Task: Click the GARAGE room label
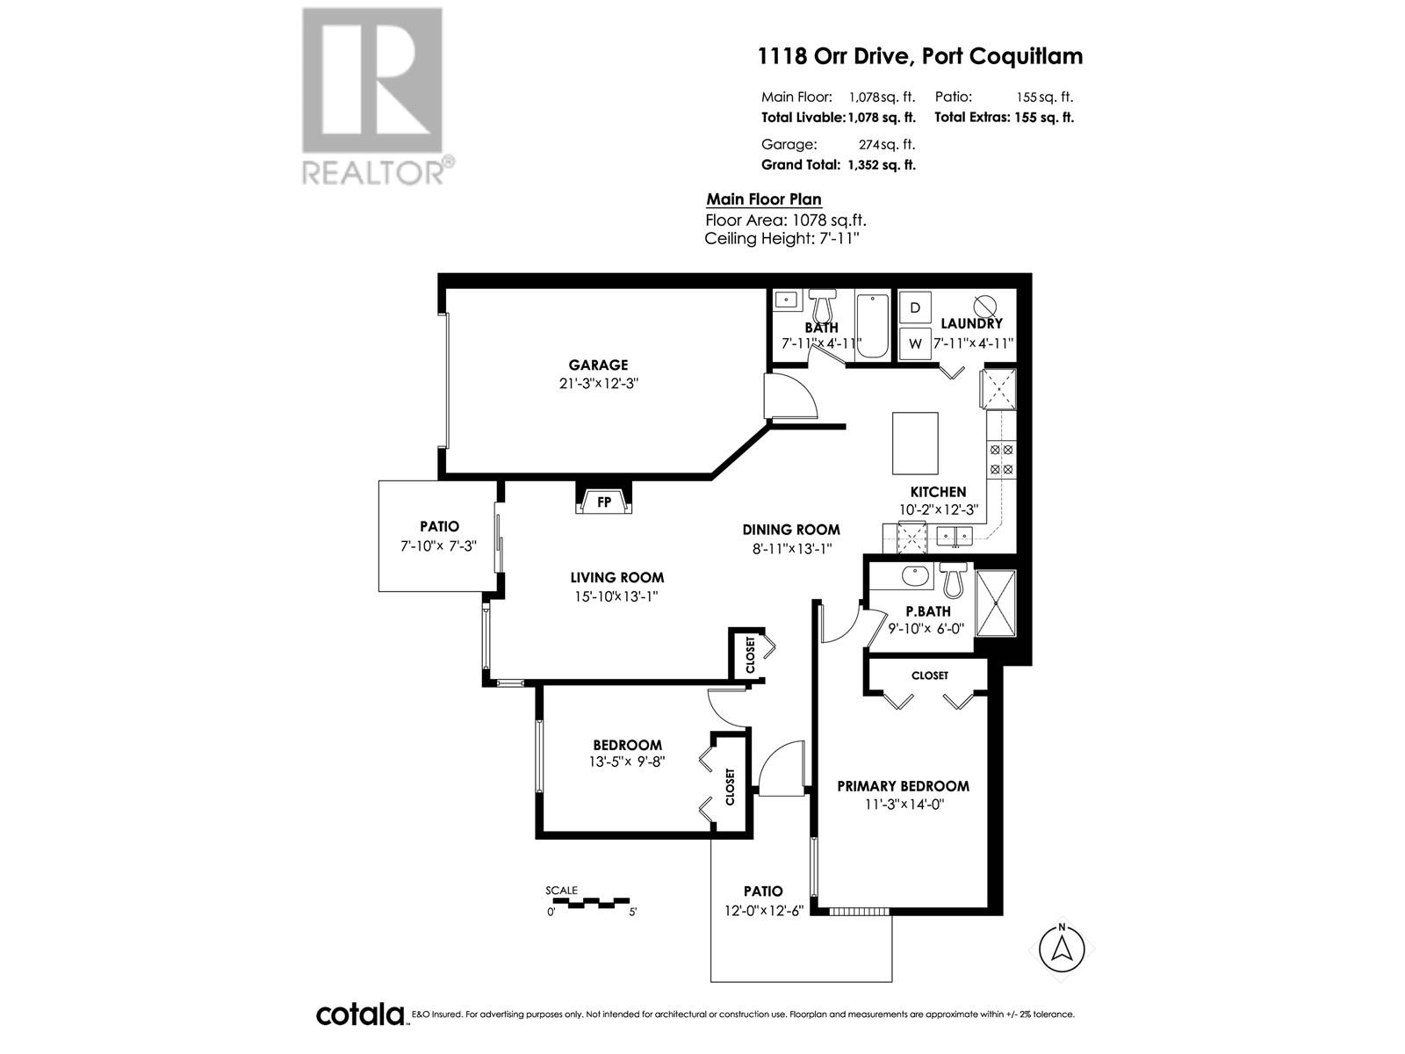click(x=598, y=365)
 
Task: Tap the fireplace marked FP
click(x=604, y=502)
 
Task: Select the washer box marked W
click(x=915, y=343)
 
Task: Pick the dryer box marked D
click(x=915, y=307)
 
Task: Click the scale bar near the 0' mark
click(x=562, y=902)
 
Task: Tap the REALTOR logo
click(x=373, y=97)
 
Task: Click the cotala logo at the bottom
click(x=360, y=1014)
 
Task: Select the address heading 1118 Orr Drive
click(x=920, y=56)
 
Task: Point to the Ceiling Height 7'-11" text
click(x=782, y=238)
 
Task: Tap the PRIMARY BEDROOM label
click(x=903, y=786)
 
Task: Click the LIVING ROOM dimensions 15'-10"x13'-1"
click(x=616, y=596)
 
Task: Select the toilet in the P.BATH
click(x=953, y=580)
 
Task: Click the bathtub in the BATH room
click(x=872, y=326)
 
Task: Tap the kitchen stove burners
click(x=1002, y=459)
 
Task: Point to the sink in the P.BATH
click(x=914, y=577)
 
